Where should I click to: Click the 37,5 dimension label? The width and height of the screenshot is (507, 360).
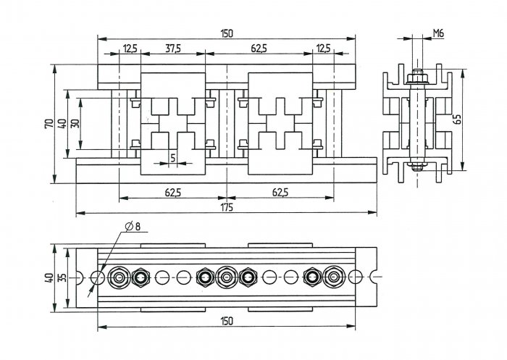tap(173, 49)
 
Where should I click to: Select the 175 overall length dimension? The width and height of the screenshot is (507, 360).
tap(227, 207)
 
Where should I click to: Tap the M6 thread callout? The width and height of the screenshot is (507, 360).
tap(438, 33)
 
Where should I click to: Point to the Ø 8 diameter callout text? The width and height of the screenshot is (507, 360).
tap(133, 227)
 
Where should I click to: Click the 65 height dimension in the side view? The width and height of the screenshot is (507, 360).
tap(456, 119)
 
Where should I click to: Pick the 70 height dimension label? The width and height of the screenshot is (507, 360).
tap(49, 124)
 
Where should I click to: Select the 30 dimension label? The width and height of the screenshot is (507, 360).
tap(75, 124)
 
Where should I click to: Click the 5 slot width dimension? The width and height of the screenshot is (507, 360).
tap(173, 158)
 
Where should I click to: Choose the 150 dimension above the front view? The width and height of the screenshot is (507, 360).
tap(226, 33)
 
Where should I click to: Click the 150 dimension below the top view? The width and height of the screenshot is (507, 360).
tap(226, 321)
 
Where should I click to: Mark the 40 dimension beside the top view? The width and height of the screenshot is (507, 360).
tap(49, 277)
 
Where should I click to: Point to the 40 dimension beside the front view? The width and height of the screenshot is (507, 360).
tap(62, 124)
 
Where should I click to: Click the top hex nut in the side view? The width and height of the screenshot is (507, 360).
tap(417, 78)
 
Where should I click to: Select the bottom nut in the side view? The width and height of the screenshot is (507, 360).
tap(418, 167)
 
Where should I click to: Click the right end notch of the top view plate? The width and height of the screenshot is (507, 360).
tap(374, 277)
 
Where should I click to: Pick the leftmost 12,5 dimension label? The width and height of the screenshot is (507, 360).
tap(130, 49)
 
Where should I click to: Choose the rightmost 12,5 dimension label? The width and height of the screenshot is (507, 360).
tap(323, 49)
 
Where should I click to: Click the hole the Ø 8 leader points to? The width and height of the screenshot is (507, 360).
tap(97, 277)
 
